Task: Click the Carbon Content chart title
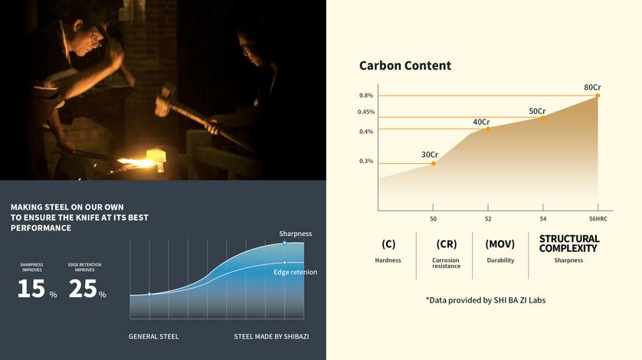(x=405, y=66)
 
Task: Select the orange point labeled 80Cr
(x=598, y=96)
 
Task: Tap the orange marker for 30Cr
(x=434, y=163)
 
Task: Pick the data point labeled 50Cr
(x=543, y=118)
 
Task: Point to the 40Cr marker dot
(x=488, y=129)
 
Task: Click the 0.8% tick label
(x=366, y=96)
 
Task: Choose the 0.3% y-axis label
(x=366, y=161)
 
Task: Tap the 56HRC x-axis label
(x=598, y=219)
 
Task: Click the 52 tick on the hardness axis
(x=488, y=219)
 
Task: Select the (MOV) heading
(x=500, y=244)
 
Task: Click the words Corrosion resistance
(x=446, y=263)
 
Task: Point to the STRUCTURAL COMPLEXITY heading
(x=568, y=244)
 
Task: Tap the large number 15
(x=31, y=288)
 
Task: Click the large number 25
(x=83, y=288)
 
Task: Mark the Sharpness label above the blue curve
(x=295, y=234)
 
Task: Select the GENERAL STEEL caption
(x=153, y=336)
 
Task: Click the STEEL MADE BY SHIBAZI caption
(x=271, y=336)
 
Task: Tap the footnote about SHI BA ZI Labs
(x=486, y=300)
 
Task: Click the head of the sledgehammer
(x=165, y=100)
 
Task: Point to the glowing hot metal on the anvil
(x=137, y=163)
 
